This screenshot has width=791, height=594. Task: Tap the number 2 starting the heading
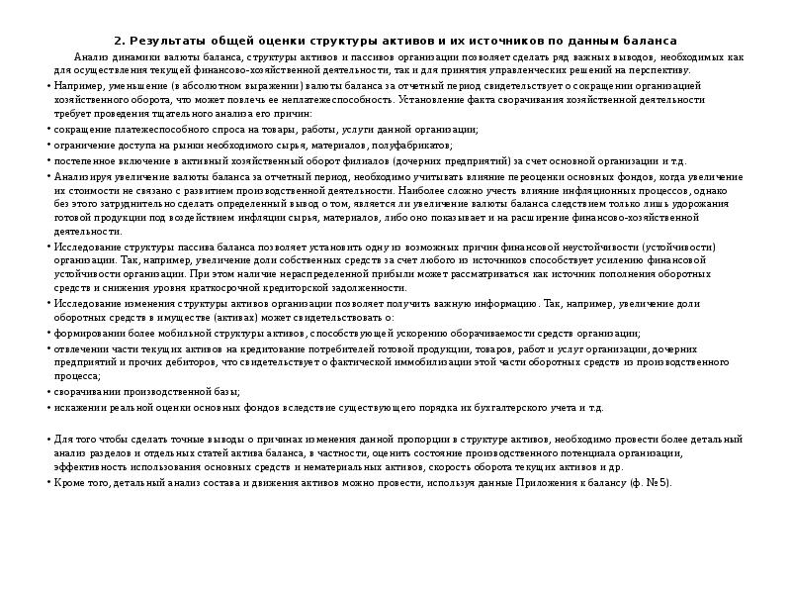tap(118, 41)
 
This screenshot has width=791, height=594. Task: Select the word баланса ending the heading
tap(650, 41)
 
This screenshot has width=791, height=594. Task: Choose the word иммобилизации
tap(430, 363)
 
